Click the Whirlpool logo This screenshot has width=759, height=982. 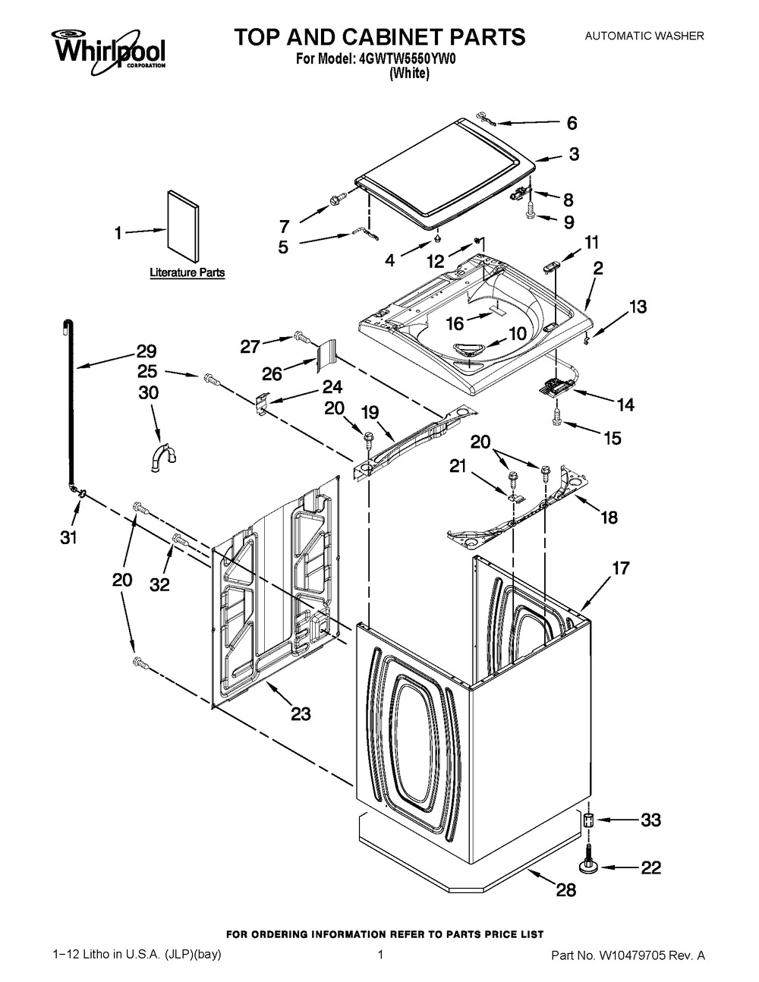point(110,51)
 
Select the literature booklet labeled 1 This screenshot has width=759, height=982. point(182,226)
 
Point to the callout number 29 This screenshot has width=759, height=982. point(146,351)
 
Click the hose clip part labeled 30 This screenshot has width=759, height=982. point(162,458)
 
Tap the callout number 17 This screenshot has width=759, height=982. point(621,568)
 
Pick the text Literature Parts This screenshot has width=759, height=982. point(187,273)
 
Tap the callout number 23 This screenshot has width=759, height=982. point(301,713)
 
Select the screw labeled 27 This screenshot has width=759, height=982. point(301,335)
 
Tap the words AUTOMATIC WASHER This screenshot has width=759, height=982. point(644,36)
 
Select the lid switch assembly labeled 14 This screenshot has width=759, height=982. point(557,388)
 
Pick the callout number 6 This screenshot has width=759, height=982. point(572,123)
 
